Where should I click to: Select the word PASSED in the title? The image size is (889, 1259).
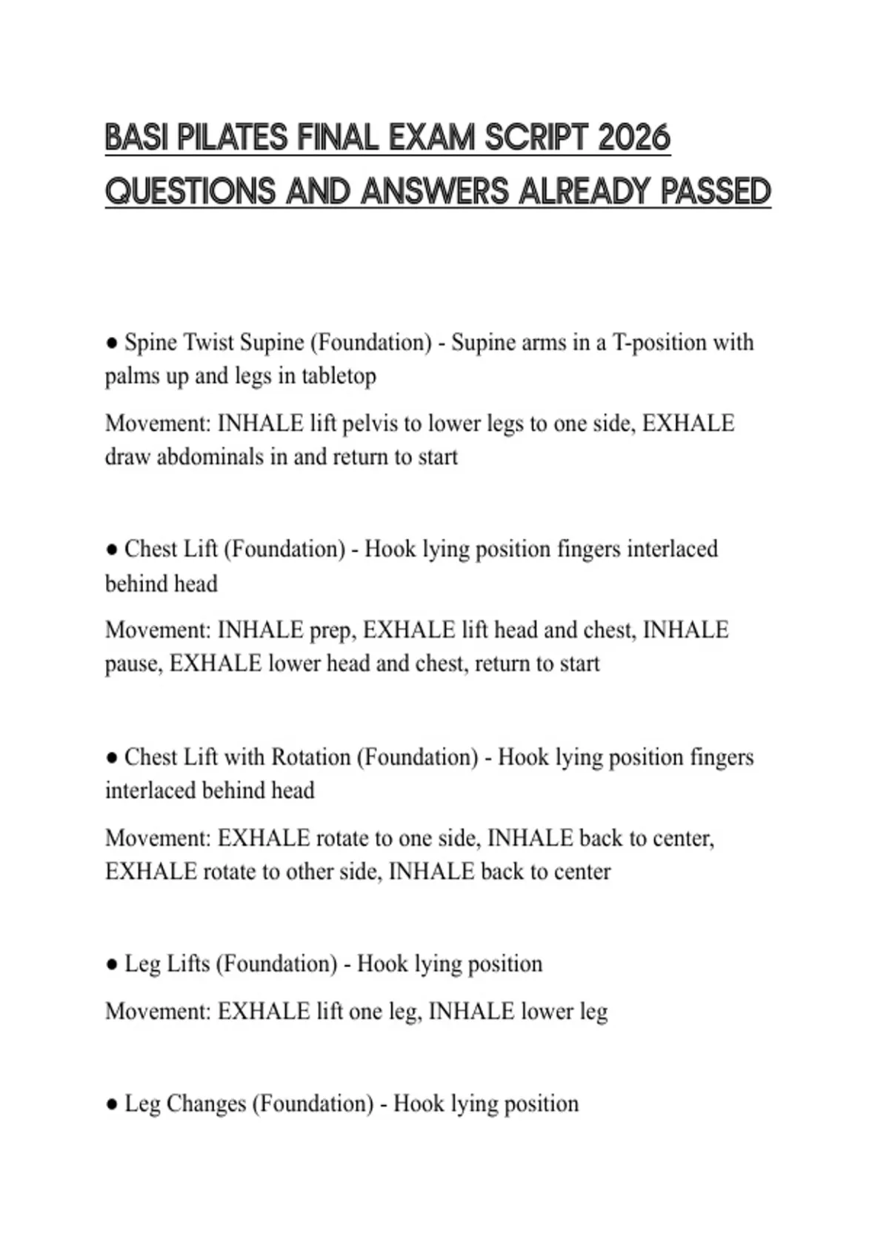pyautogui.click(x=716, y=191)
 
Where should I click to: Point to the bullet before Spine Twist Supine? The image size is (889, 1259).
pyautogui.click(x=112, y=343)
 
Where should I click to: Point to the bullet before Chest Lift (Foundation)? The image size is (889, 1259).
pyautogui.click(x=112, y=550)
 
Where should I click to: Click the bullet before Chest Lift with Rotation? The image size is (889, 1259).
pyautogui.click(x=112, y=758)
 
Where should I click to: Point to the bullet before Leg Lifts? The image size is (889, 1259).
pyautogui.click(x=112, y=964)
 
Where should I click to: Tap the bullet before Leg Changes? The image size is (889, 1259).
pyautogui.click(x=112, y=1104)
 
